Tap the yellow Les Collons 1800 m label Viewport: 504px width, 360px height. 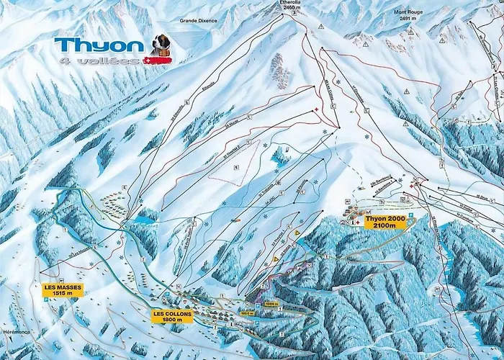172,315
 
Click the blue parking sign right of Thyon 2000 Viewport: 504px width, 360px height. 410,215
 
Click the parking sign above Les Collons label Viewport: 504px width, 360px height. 166,294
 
